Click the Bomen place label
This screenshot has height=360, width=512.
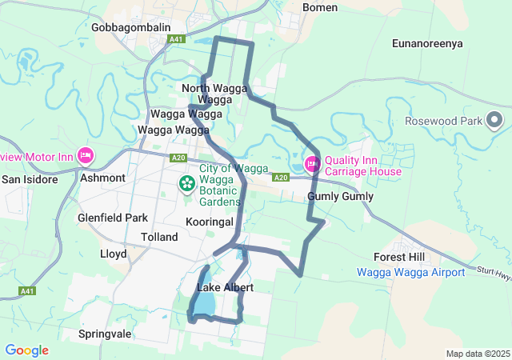320,7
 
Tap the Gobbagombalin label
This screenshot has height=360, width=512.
130,27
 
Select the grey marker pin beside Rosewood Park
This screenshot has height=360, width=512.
494,121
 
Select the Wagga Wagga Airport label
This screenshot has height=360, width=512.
410,272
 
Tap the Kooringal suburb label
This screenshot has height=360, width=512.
209,221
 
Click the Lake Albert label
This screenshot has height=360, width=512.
225,287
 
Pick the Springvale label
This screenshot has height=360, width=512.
105,333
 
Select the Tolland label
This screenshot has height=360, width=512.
158,238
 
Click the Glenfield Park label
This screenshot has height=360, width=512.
113,218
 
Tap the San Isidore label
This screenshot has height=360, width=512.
30,179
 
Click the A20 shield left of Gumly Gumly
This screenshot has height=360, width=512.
280,178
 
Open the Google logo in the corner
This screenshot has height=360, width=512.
26,350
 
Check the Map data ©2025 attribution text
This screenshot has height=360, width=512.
477,354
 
